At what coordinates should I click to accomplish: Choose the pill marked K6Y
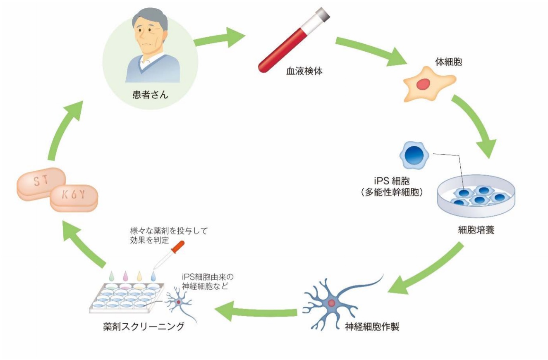tap(74, 197)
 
